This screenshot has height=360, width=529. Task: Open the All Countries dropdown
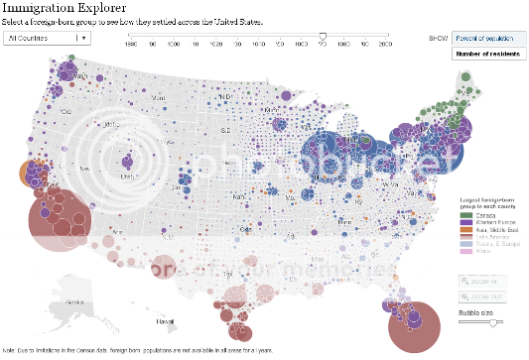coord(47,38)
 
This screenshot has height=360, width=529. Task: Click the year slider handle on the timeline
coord(323,36)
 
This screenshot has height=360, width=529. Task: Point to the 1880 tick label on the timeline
coord(131,46)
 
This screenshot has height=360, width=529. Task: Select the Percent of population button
coord(490,37)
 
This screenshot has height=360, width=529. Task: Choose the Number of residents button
coord(490,53)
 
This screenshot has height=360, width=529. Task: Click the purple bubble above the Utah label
coord(127,162)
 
